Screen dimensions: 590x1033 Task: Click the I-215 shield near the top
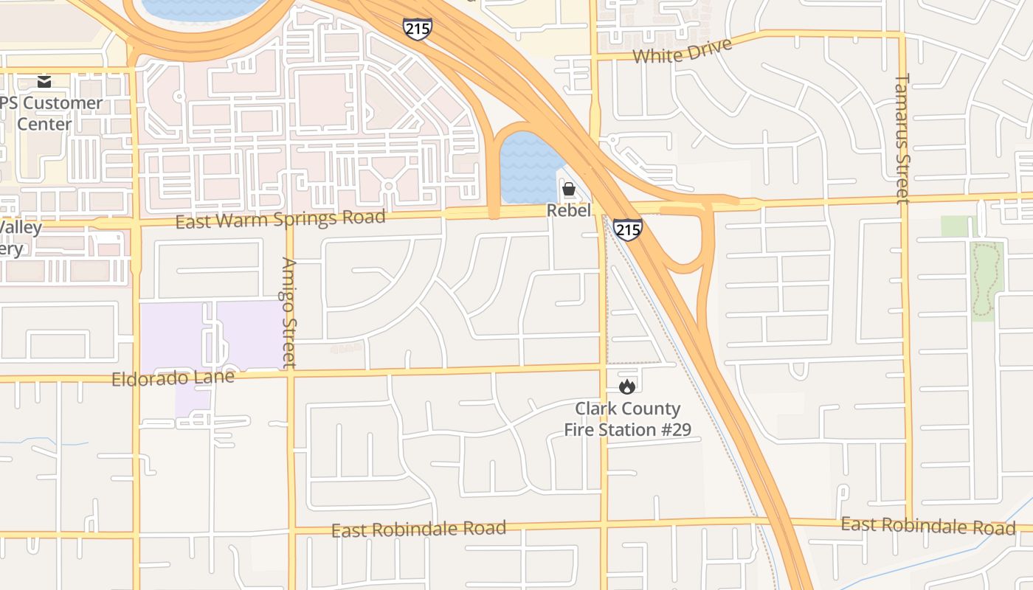[418, 29]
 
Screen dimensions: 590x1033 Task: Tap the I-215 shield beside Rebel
[627, 229]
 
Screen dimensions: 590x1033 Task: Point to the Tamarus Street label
[902, 138]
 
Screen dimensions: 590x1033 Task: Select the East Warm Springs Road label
[280, 218]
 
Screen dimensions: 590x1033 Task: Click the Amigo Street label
[289, 312]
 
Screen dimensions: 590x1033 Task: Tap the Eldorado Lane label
[173, 378]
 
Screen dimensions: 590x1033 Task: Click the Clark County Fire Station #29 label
[627, 419]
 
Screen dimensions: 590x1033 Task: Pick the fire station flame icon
[627, 386]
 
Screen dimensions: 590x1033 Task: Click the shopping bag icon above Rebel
[569, 190]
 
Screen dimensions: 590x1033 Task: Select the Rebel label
[569, 211]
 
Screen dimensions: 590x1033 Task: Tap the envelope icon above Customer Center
[44, 81]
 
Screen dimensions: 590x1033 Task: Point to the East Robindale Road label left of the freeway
[418, 529]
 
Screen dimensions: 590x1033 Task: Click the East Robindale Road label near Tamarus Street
[928, 526]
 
